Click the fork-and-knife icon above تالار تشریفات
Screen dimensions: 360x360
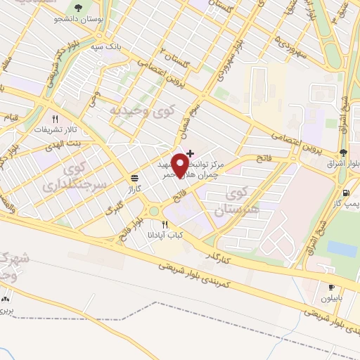pos(54,119)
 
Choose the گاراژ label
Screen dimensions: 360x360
pos(134,189)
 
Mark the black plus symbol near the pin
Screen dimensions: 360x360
pos(190,153)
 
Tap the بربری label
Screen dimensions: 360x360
pos(6,309)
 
